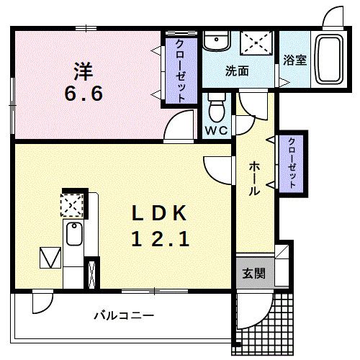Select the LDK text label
(160, 213)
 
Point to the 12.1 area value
(160, 239)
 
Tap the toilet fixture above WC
(215, 108)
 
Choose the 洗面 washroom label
(237, 71)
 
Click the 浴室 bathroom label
(295, 60)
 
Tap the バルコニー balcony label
(124, 315)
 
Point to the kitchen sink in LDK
(73, 235)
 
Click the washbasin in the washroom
(214, 43)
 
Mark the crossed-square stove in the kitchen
(71, 204)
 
